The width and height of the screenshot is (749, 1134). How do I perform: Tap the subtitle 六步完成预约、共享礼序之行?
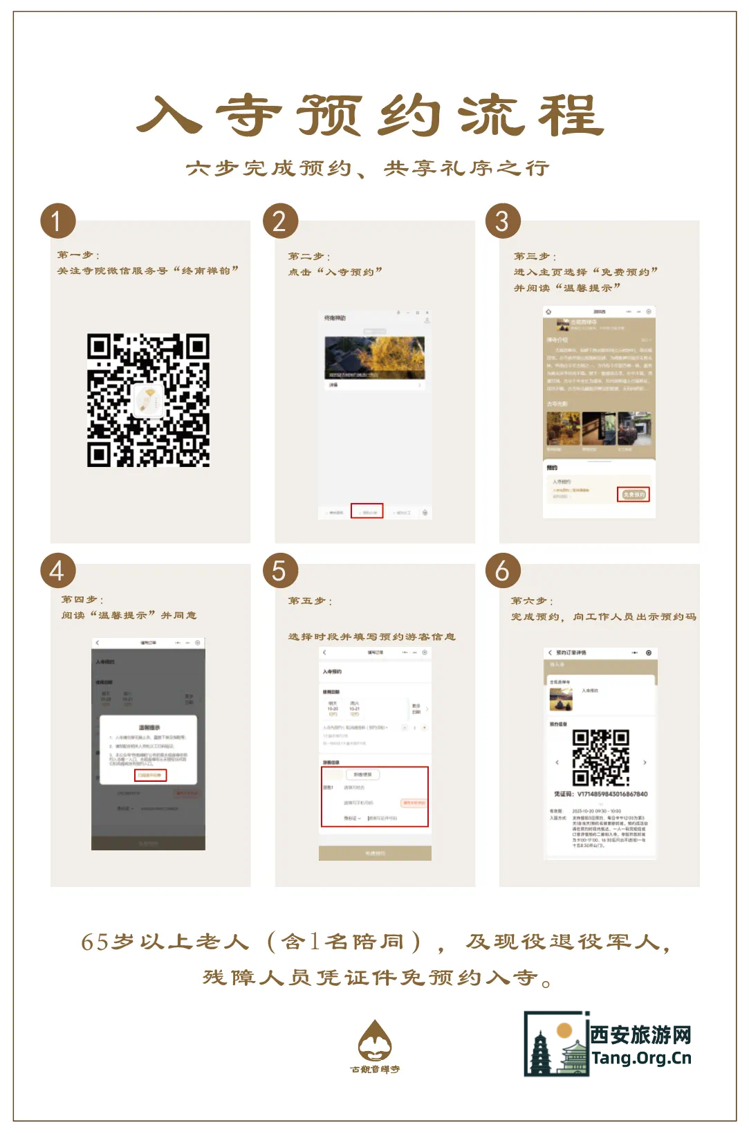pyautogui.click(x=367, y=168)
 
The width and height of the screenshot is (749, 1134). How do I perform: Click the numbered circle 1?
pyautogui.click(x=57, y=221)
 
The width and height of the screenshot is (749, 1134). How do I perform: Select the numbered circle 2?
pyautogui.click(x=280, y=221)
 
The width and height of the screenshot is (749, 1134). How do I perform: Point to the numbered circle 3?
pyautogui.click(x=503, y=221)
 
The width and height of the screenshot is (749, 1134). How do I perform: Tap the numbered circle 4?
pyautogui.click(x=57, y=570)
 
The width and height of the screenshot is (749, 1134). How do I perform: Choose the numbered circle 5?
pyautogui.click(x=280, y=570)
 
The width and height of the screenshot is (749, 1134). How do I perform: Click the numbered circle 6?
pyautogui.click(x=503, y=570)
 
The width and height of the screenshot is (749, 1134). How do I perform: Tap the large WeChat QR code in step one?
pyautogui.click(x=148, y=400)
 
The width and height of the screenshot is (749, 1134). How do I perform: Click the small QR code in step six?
pyautogui.click(x=600, y=758)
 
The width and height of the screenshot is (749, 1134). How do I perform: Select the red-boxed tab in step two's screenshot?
pyautogui.click(x=367, y=511)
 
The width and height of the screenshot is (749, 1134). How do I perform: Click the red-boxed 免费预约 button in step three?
pyautogui.click(x=633, y=494)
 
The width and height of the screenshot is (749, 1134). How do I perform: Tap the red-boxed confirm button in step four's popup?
pyautogui.click(x=150, y=775)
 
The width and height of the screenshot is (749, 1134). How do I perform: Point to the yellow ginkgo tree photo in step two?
pyautogui.click(x=375, y=357)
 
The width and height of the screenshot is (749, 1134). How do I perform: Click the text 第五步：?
pyautogui.click(x=310, y=601)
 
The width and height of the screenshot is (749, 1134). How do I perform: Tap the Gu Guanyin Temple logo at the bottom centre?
pyautogui.click(x=375, y=1045)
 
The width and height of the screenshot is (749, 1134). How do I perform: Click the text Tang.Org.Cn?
pyautogui.click(x=641, y=1058)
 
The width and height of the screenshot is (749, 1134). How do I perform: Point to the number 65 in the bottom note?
pyautogui.click(x=95, y=942)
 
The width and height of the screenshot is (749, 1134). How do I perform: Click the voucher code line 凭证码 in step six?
pyautogui.click(x=600, y=794)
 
